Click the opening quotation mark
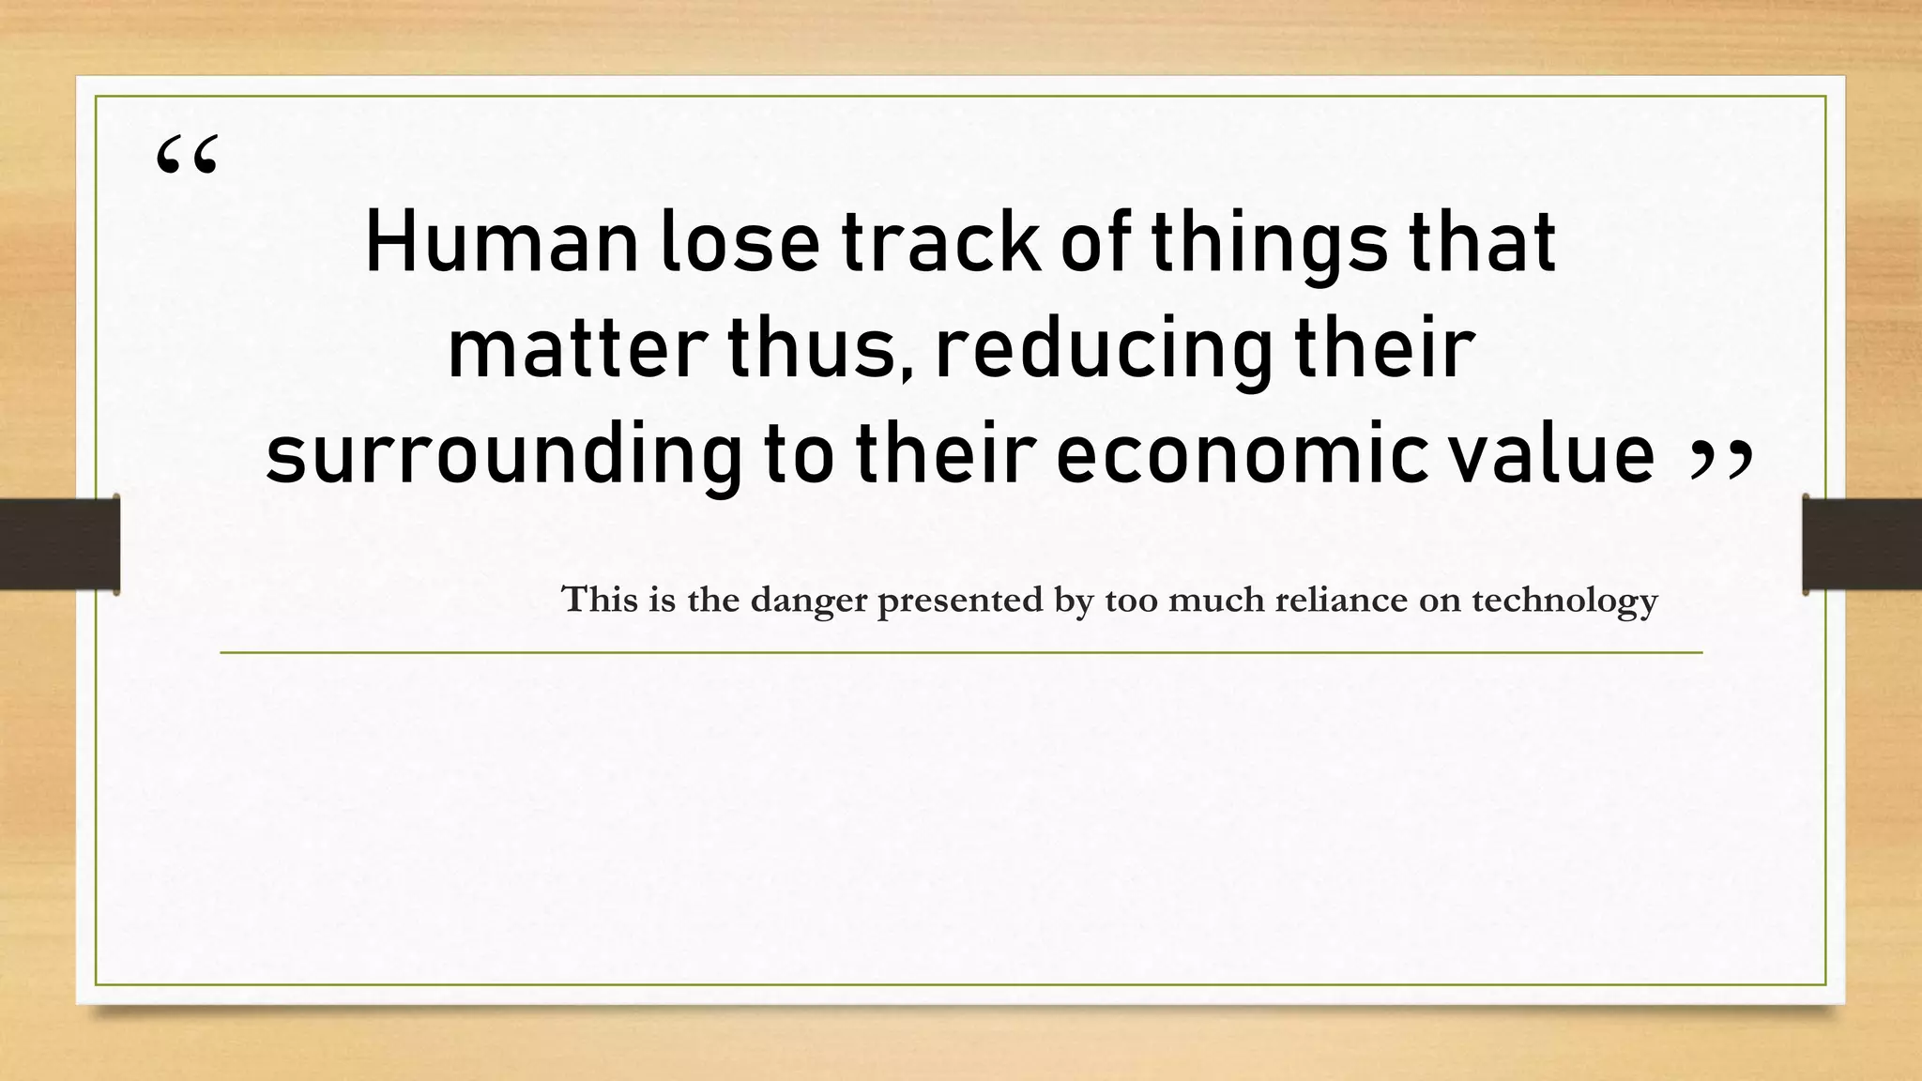(x=187, y=156)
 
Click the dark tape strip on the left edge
(x=58, y=544)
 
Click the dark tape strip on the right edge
(x=1862, y=544)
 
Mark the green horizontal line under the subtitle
(x=961, y=652)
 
